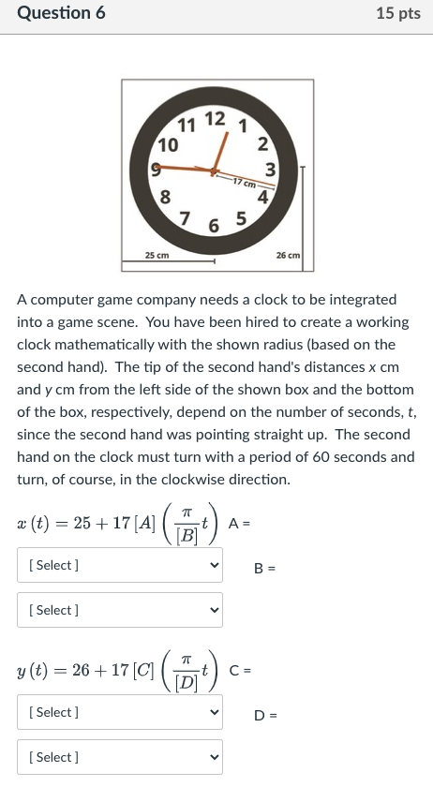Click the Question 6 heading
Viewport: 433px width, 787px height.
coord(61,13)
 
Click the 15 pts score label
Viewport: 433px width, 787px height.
coord(397,13)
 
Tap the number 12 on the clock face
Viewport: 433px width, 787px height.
coord(215,119)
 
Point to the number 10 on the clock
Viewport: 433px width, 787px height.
coord(168,144)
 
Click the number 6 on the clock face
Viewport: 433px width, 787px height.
coord(214,228)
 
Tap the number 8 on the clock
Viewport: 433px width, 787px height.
coord(165,197)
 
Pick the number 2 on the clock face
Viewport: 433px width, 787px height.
coord(263,143)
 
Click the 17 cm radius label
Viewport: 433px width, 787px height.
coord(242,182)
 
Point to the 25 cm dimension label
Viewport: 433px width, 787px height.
coord(157,255)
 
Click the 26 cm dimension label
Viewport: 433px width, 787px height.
coord(288,255)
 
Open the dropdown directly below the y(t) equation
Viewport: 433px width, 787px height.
coord(120,712)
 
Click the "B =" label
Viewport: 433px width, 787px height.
coord(265,568)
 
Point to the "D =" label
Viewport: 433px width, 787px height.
coord(265,717)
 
